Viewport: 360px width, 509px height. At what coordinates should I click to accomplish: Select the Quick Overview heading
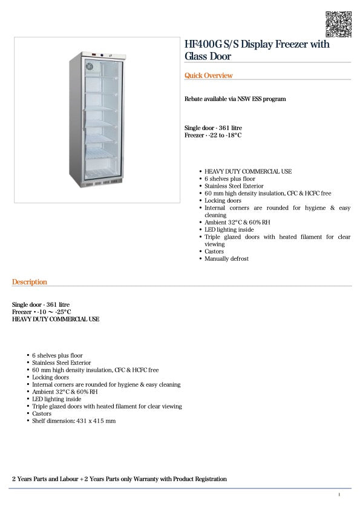(208, 76)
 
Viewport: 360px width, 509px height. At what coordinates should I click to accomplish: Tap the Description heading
(29, 282)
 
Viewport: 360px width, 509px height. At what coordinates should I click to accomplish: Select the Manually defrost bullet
(226, 258)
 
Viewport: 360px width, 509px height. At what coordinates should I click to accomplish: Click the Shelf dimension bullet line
(74, 420)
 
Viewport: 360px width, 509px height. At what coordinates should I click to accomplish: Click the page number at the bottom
(339, 495)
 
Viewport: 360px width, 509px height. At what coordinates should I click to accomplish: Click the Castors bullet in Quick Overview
(214, 251)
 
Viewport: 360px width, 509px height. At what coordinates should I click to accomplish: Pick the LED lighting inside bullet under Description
(56, 399)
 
